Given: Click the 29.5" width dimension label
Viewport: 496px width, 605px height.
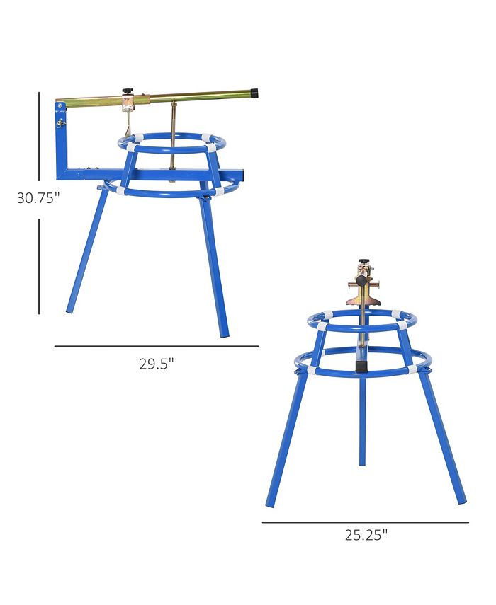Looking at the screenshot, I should point(156,364).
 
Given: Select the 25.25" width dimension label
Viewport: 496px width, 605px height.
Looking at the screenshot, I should point(366,536).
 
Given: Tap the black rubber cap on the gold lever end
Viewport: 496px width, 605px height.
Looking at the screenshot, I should point(254,93).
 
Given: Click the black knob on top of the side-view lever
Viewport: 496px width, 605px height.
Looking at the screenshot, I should point(129,91).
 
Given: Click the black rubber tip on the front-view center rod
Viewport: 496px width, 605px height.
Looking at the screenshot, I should point(361,367).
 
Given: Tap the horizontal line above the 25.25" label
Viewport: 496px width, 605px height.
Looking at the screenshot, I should point(365,522).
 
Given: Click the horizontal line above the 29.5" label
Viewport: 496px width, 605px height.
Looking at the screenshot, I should point(156,347).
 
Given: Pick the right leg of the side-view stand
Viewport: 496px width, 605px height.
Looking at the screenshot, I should point(214,262).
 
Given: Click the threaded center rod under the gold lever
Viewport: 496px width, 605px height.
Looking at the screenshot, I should point(172,138).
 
